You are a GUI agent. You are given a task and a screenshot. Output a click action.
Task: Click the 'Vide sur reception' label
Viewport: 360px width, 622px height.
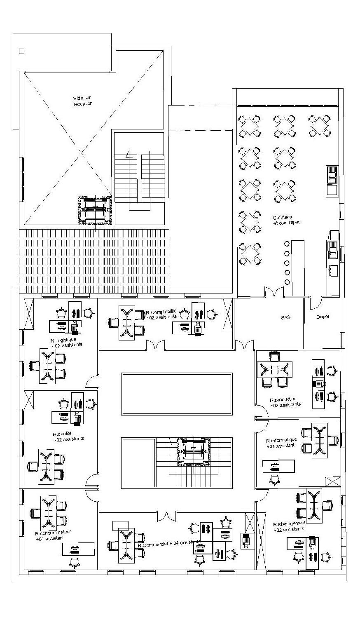tap(82, 101)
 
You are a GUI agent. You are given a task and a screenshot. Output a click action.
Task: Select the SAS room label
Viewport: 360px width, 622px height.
tap(286, 317)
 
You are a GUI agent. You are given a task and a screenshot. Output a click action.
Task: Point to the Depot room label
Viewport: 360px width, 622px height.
tap(323, 317)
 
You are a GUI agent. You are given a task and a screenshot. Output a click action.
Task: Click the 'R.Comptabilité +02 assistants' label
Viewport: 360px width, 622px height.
tap(161, 314)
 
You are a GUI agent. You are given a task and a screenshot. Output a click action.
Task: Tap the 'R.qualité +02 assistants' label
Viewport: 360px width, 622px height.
tap(68, 436)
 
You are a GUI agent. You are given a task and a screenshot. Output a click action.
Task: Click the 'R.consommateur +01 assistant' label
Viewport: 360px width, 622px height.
tap(53, 535)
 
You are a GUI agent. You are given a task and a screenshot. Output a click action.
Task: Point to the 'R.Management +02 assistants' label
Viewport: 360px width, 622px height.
tap(289, 526)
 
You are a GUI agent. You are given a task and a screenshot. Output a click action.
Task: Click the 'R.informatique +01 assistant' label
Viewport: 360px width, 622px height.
tap(281, 443)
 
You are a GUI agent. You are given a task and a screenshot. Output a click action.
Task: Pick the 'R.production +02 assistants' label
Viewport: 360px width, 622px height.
tap(285, 402)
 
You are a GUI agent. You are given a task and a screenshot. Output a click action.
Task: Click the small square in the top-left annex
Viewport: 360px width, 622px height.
tap(22, 52)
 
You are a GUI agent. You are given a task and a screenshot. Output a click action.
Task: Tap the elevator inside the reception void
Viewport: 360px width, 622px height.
tap(95, 210)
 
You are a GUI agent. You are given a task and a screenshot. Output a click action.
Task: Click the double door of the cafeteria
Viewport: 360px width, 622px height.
tap(274, 291)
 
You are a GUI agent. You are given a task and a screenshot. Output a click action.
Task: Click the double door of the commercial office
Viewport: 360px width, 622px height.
tap(167, 516)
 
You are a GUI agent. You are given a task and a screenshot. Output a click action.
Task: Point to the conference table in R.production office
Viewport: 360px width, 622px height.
tap(274, 369)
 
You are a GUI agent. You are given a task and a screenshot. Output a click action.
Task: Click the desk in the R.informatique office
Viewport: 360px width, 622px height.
tap(279, 466)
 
